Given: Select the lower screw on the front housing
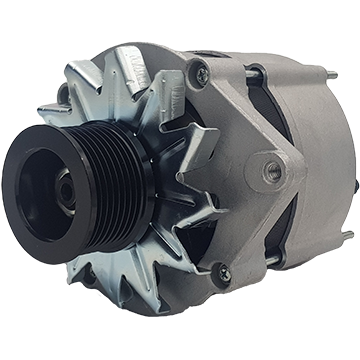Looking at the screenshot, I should (223, 271).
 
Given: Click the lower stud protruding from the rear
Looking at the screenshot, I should (345, 236).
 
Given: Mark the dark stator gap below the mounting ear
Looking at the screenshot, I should (268, 225).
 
